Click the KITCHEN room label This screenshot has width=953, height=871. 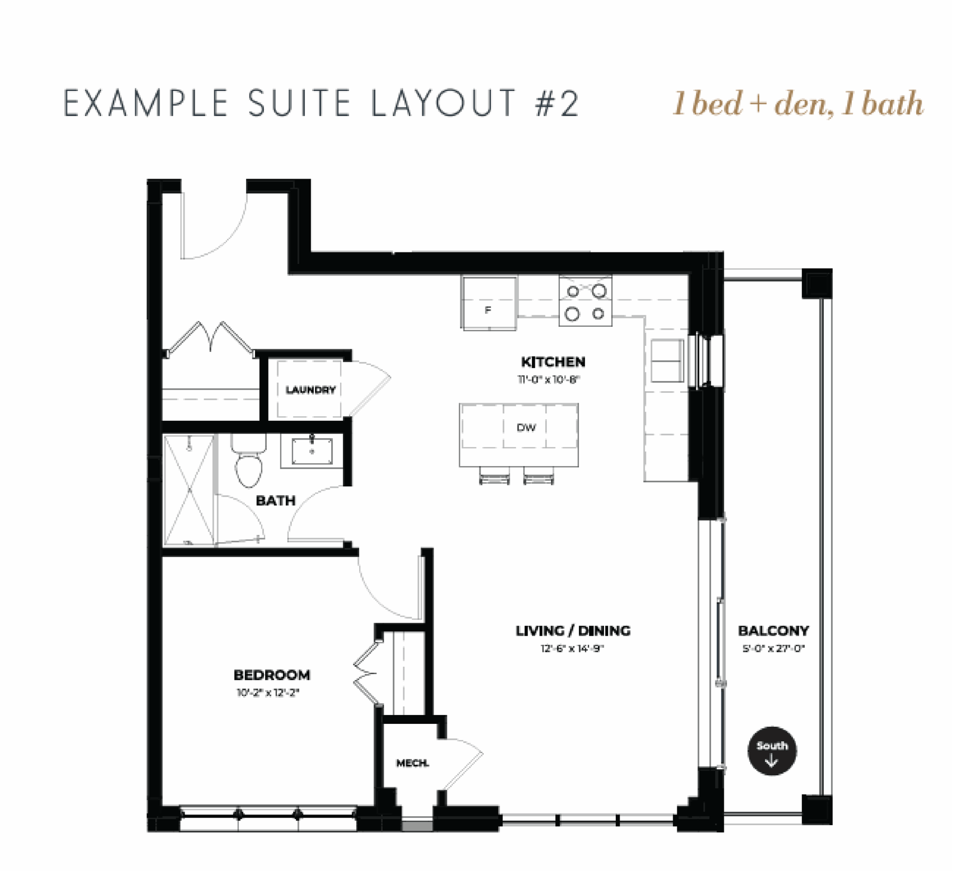tap(553, 362)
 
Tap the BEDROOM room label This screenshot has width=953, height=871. tap(272, 675)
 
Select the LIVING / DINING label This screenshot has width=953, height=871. tap(573, 630)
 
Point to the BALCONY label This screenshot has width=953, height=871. tap(773, 630)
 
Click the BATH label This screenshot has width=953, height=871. tap(276, 501)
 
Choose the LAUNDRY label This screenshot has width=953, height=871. tap(310, 390)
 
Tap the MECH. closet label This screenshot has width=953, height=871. tap(413, 763)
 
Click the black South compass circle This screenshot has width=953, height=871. tap(772, 751)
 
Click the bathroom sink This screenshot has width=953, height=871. tap(312, 451)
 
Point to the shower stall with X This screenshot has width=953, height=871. tap(189, 489)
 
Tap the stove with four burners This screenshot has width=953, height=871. tap(585, 301)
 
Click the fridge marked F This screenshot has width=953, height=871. tap(488, 302)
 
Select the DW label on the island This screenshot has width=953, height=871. tap(526, 427)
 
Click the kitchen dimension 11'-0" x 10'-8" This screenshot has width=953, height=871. tap(549, 379)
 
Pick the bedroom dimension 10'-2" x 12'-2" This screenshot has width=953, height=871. tap(267, 692)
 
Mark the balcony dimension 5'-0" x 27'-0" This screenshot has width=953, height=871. tap(774, 648)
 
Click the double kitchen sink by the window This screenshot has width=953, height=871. tap(667, 361)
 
